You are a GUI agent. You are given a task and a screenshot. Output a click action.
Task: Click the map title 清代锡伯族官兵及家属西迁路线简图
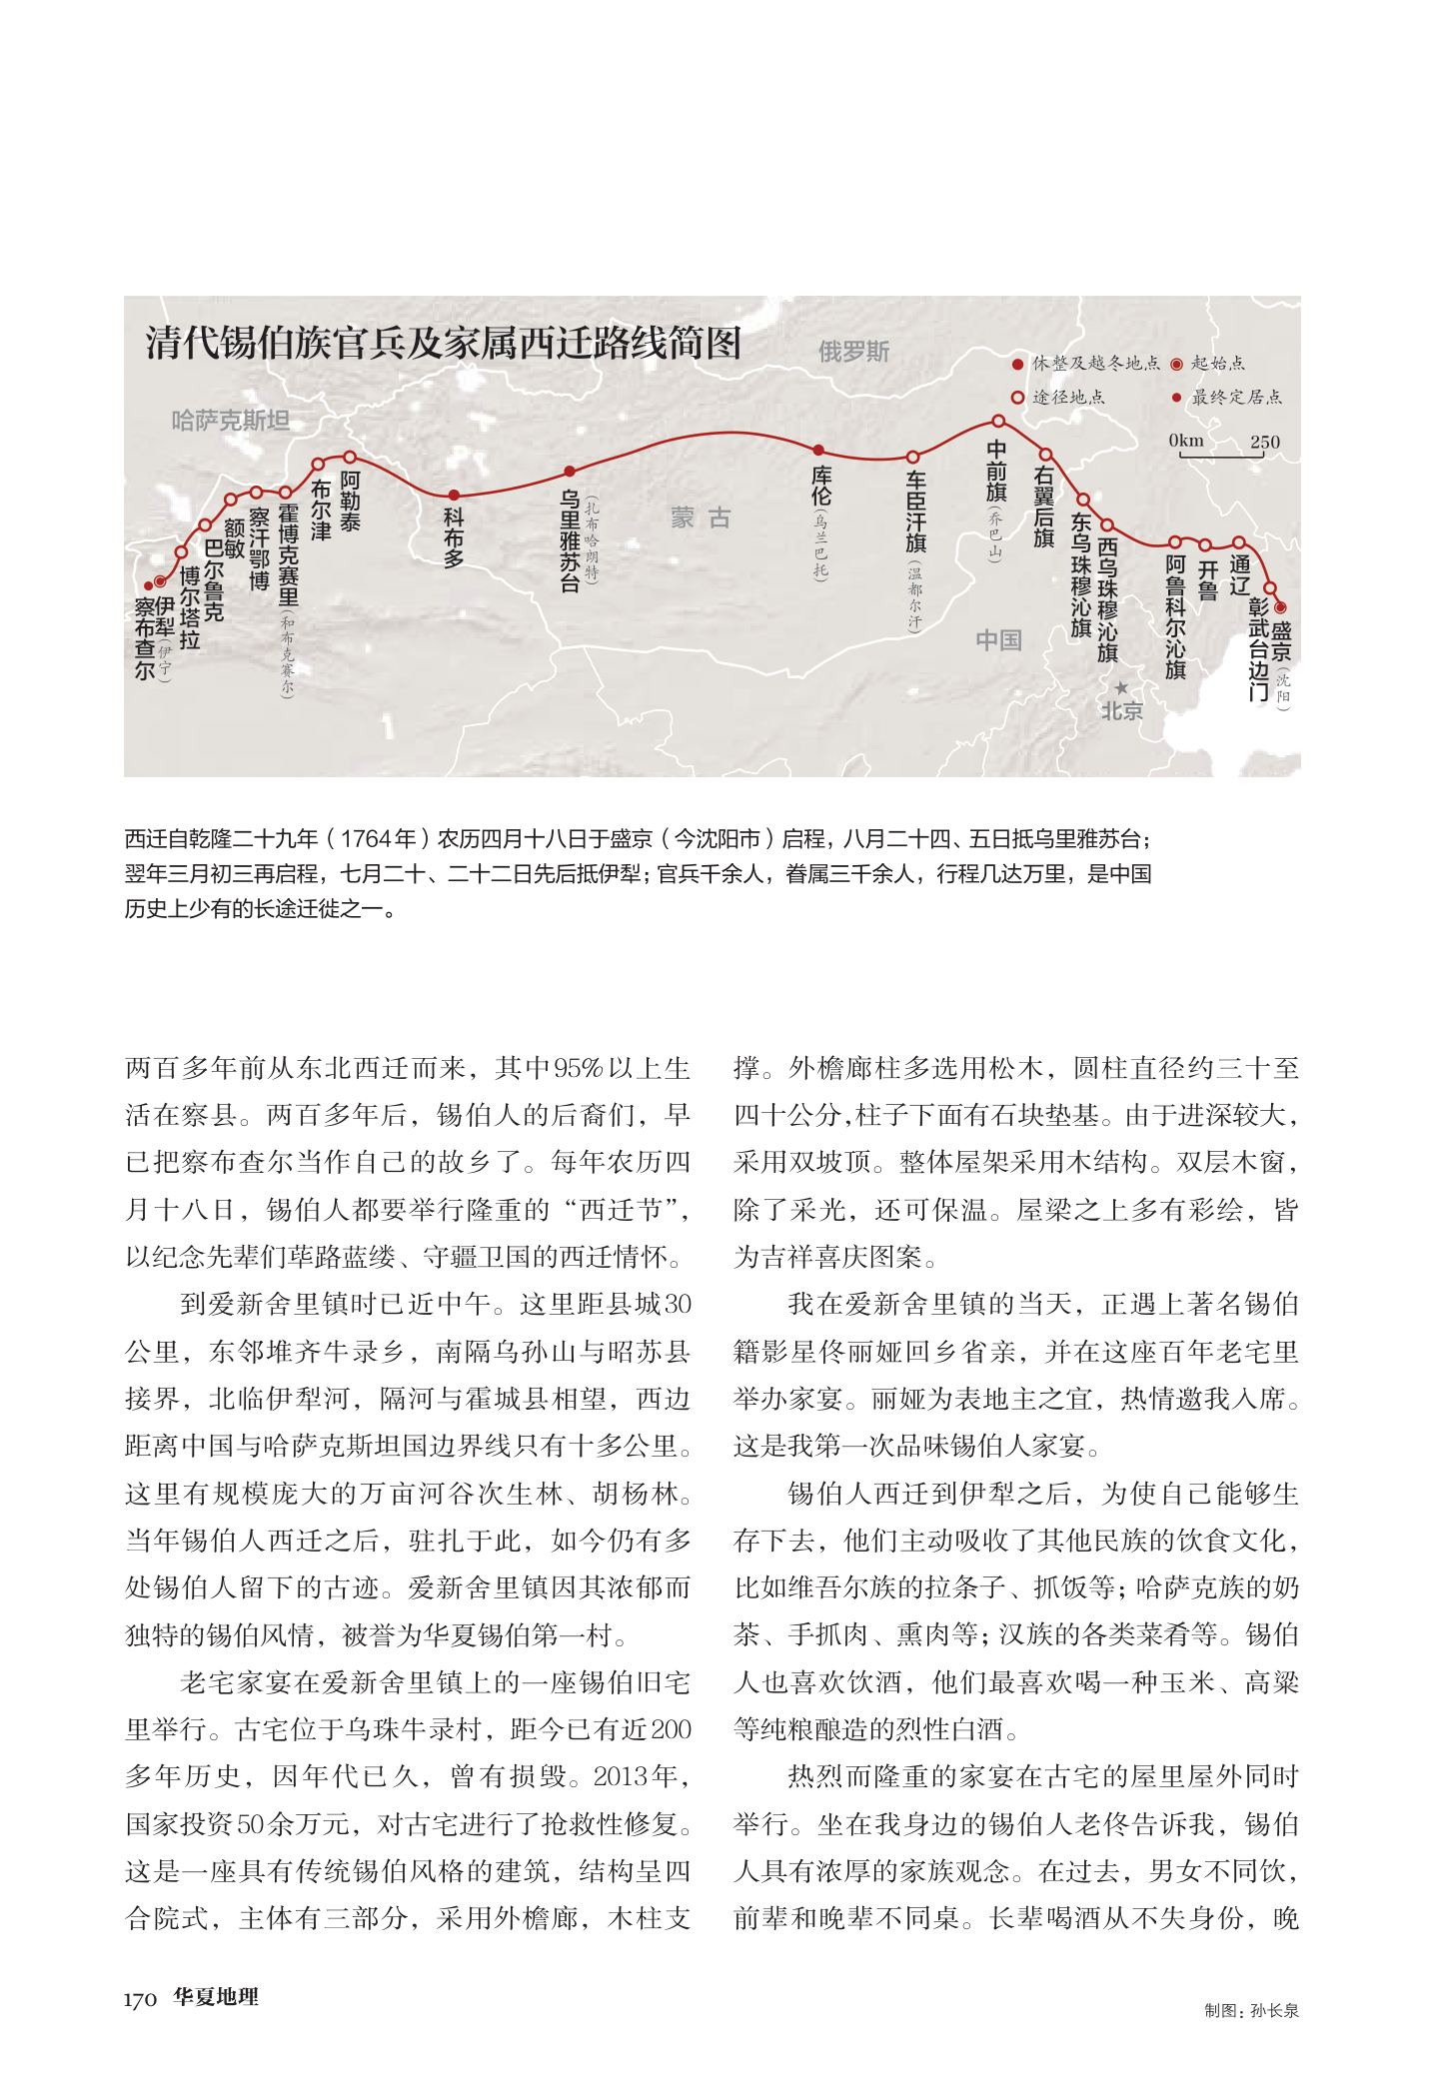pyautogui.click(x=443, y=343)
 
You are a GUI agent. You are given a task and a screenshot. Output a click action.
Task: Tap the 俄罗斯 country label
pyautogui.click(x=852, y=352)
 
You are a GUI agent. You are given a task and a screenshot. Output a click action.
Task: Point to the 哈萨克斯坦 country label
pyautogui.click(x=230, y=421)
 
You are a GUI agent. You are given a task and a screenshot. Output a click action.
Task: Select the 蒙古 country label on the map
pyautogui.click(x=701, y=518)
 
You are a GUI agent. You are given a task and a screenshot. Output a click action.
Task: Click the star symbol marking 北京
pyautogui.click(x=1122, y=688)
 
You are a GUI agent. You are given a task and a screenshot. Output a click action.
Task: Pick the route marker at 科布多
pyautogui.click(x=454, y=495)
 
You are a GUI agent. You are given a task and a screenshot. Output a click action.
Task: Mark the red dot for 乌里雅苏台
pyautogui.click(x=570, y=472)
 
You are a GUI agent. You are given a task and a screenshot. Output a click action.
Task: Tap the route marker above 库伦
pyautogui.click(x=818, y=450)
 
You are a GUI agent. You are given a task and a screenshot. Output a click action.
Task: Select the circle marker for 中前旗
pyautogui.click(x=997, y=421)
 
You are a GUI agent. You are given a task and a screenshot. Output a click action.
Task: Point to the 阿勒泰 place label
pyautogui.click(x=350, y=500)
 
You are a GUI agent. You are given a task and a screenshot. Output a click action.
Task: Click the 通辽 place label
pyautogui.click(x=1241, y=575)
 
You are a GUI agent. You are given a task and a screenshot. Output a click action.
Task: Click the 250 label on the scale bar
pyautogui.click(x=1263, y=443)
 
